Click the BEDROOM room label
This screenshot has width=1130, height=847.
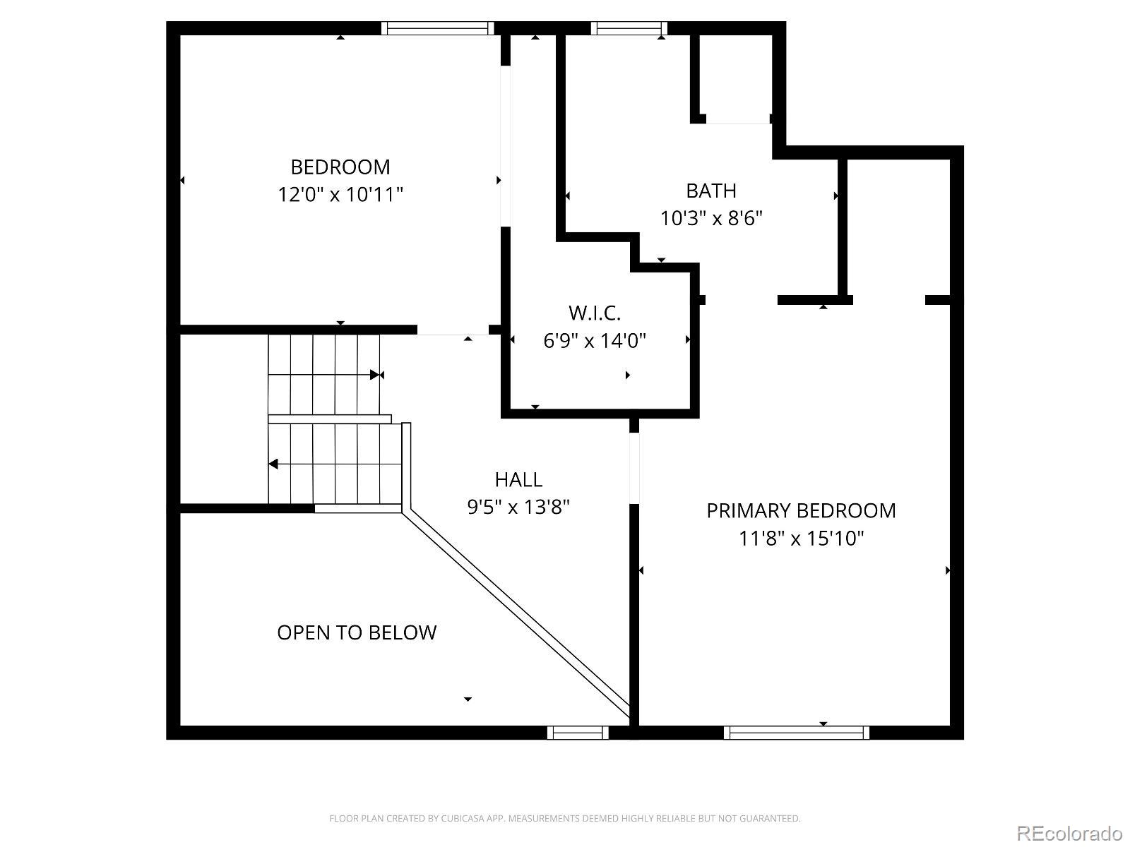[x=340, y=167]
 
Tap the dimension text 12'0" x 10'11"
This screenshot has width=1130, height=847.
[x=340, y=194]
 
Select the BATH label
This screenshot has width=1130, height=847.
[x=711, y=191]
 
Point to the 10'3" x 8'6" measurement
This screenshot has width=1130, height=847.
[x=711, y=218]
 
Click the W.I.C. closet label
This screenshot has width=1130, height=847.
[x=594, y=313]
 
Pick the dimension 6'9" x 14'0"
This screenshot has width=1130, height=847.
[x=594, y=341]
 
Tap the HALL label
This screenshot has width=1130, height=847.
[x=518, y=480]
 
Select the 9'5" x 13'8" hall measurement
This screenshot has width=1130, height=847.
[x=518, y=507]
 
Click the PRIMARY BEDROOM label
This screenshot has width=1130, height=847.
[x=801, y=511]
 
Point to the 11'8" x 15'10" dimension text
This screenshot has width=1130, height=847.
[x=801, y=539]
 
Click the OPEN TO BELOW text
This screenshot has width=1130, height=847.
[x=357, y=632]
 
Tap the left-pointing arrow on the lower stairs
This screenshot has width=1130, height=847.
[x=274, y=464]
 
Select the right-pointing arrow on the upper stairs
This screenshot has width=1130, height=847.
[x=375, y=375]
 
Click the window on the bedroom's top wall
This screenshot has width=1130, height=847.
[x=437, y=28]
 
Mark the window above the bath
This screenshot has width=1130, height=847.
[x=629, y=28]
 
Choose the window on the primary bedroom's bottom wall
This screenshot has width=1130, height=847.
[x=796, y=733]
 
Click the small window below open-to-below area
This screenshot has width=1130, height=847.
[x=578, y=733]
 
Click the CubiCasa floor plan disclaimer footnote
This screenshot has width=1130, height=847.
[x=565, y=819]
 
